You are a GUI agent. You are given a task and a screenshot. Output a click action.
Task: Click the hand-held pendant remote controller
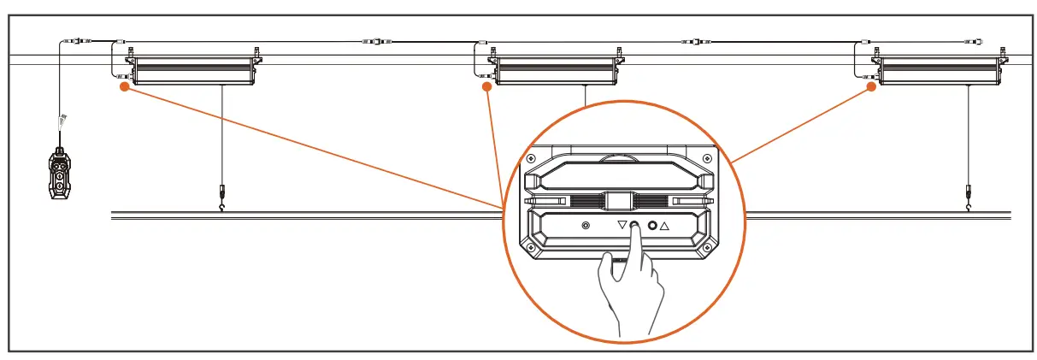[x=59, y=175]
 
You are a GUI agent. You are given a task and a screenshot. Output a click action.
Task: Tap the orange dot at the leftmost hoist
[x=125, y=86]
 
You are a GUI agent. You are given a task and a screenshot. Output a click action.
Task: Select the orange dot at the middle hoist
[x=486, y=86]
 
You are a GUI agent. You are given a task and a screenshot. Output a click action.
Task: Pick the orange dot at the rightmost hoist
[x=872, y=86]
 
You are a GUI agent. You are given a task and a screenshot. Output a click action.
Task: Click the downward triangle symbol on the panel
[x=622, y=227]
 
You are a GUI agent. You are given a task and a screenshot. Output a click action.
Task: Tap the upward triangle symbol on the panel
[x=664, y=227]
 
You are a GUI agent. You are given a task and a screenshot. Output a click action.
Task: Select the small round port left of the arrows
[x=586, y=227]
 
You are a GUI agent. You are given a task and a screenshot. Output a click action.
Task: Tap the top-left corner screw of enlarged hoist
[x=532, y=159]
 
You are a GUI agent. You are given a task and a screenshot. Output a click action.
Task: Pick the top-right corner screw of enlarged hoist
[x=705, y=159]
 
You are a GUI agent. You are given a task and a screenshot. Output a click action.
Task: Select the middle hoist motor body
[x=557, y=69]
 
